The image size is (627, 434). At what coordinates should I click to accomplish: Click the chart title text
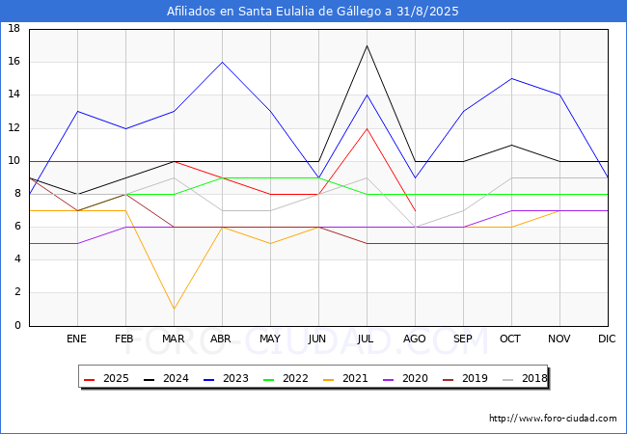[313, 12]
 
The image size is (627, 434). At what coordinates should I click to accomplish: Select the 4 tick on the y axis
[16, 259]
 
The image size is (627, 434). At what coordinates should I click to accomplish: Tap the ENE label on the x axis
[77, 339]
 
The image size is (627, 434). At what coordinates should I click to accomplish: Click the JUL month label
[367, 339]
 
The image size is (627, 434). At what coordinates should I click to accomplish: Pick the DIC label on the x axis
[608, 339]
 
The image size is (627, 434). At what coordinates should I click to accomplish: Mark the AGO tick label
[415, 339]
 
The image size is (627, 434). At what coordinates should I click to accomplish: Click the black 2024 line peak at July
[367, 45]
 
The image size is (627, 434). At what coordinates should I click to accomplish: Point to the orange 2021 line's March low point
[174, 309]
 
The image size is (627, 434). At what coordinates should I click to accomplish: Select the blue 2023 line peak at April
[222, 62]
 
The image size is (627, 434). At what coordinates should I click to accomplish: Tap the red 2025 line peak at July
[367, 128]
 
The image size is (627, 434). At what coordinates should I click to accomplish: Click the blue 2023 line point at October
[511, 78]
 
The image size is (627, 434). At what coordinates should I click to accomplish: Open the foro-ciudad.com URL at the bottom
[553, 419]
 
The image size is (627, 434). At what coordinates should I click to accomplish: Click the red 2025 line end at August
[415, 210]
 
